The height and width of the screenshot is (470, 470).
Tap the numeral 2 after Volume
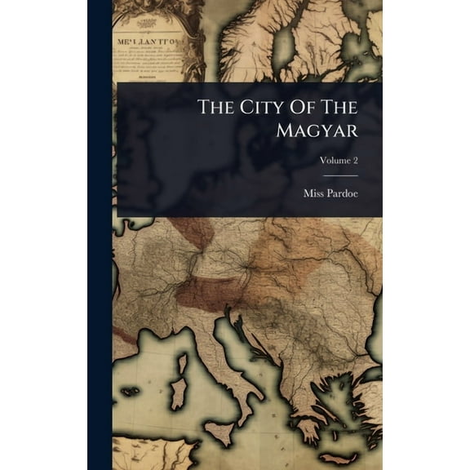pyautogui.click(x=355, y=161)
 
